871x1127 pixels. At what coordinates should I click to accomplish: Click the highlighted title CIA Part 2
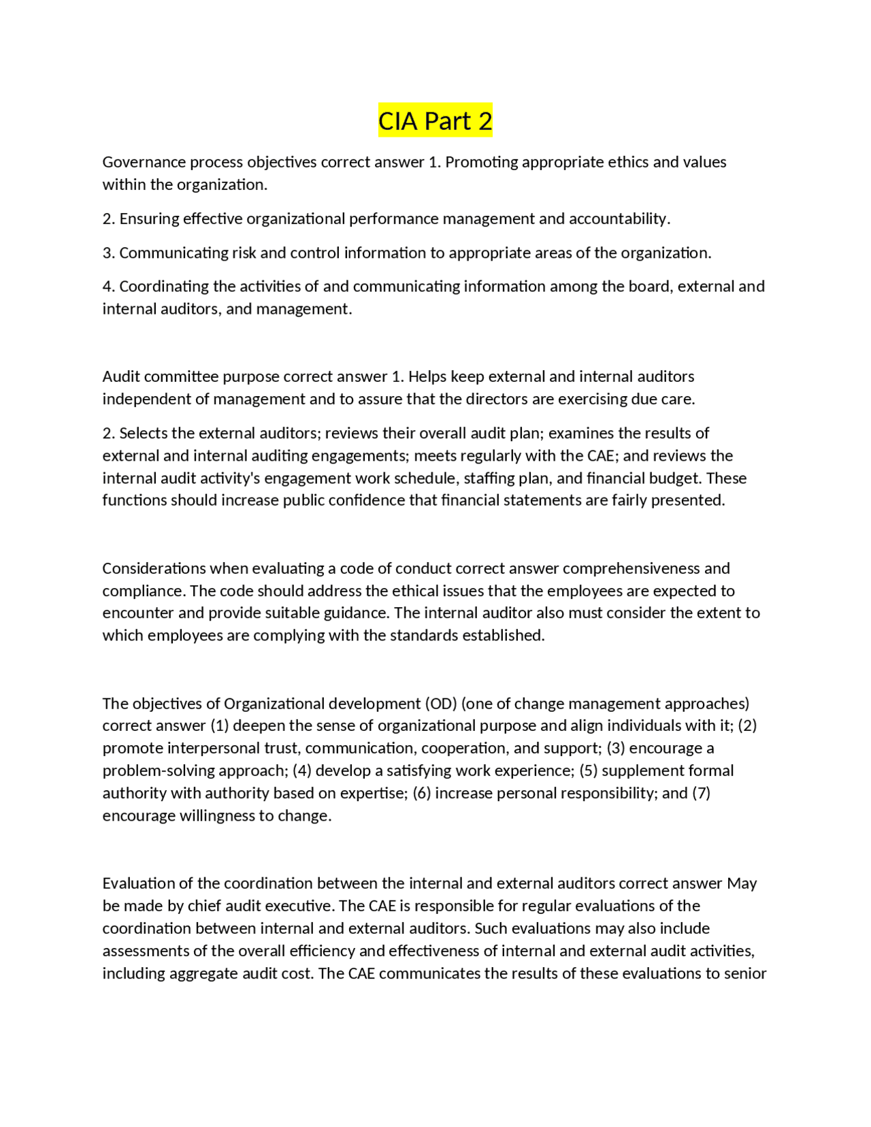coord(435,121)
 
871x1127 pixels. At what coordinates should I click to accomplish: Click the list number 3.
coord(108,252)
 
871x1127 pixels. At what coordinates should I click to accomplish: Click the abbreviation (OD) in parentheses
coord(441,703)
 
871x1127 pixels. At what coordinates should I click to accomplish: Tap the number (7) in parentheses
coord(701,793)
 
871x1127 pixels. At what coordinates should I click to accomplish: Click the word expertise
coord(373,793)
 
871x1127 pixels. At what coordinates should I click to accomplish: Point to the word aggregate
coord(203,973)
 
